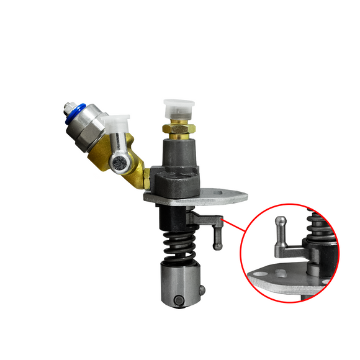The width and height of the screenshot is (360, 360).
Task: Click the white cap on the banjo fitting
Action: pos(118,125)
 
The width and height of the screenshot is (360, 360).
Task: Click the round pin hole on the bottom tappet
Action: pos(178,300)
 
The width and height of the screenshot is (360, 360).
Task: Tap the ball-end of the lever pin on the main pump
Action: pos(218,246)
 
